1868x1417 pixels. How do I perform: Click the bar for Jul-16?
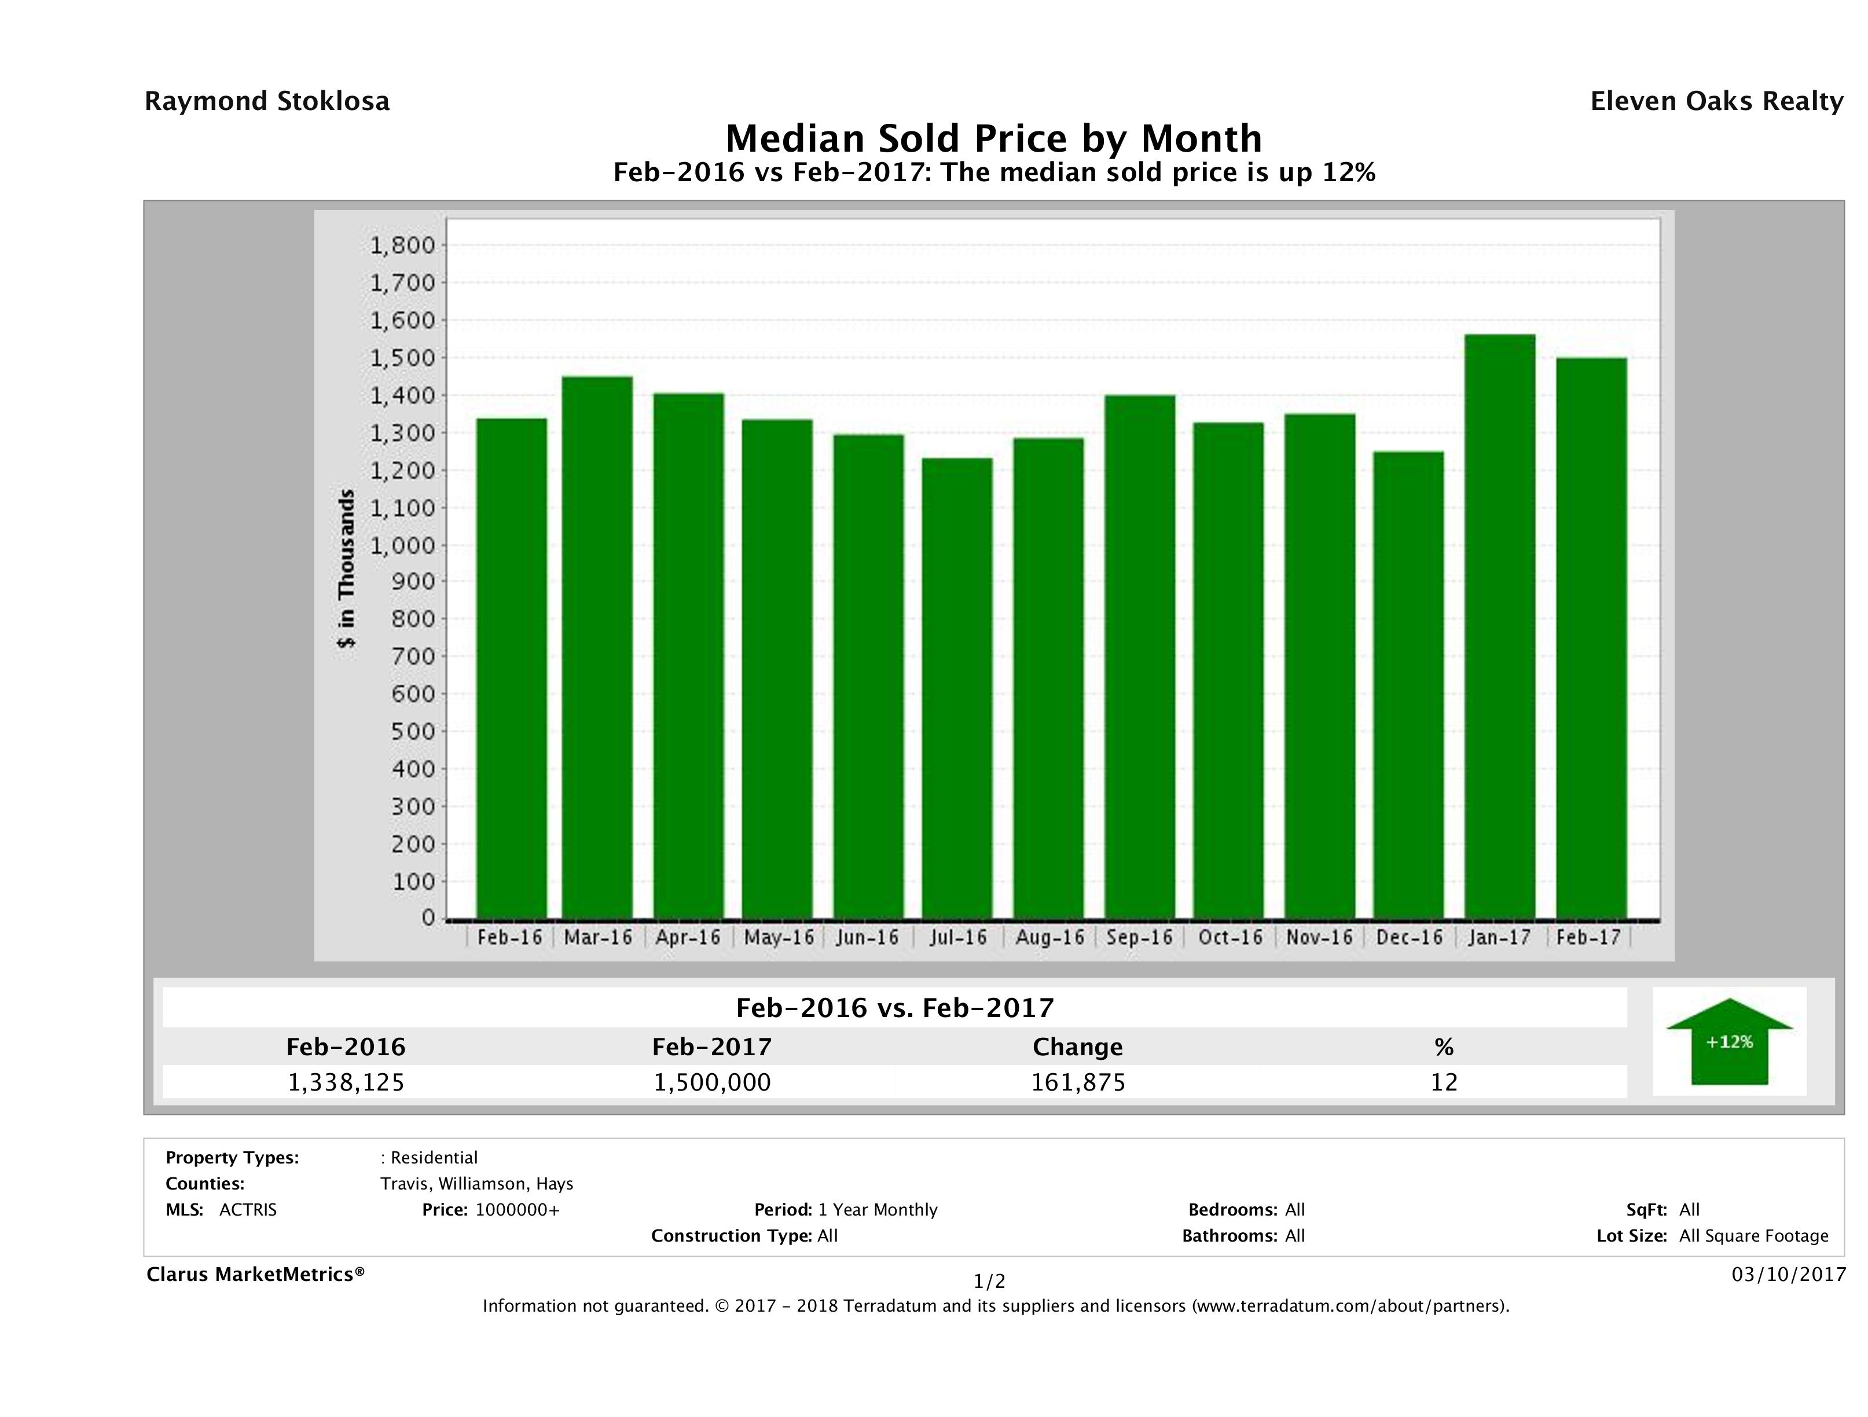(x=957, y=688)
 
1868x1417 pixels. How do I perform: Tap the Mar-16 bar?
(x=597, y=648)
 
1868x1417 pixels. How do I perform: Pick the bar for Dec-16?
(x=1408, y=685)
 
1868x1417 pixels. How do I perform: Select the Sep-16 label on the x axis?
(x=1139, y=937)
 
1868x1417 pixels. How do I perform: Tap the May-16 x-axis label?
(x=779, y=937)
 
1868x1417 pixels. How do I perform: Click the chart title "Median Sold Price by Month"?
(x=994, y=138)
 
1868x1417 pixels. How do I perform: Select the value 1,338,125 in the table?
(x=346, y=1082)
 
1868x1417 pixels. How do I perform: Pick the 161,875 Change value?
(x=1078, y=1082)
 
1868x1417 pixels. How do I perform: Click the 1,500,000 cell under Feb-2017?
(x=712, y=1082)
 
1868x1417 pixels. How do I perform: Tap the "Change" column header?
(x=1078, y=1047)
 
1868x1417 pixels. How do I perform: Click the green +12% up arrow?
(x=1728, y=1042)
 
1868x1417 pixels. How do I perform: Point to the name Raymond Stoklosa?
(x=267, y=101)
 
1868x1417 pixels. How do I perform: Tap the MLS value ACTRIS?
(x=247, y=1210)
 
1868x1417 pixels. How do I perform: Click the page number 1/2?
(x=989, y=1282)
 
